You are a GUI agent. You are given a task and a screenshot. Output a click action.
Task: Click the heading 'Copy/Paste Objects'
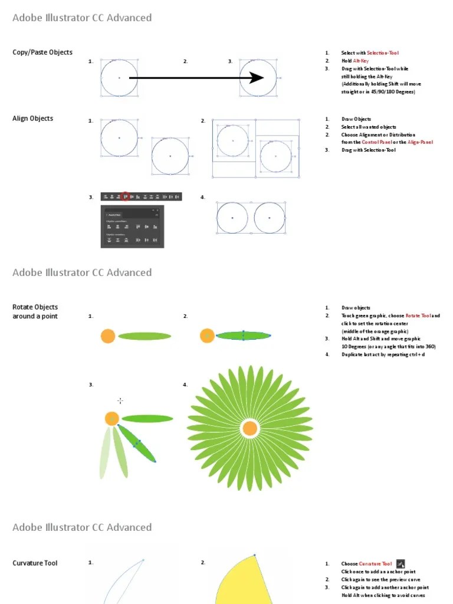[42, 52]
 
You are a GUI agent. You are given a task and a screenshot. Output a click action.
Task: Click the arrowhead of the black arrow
[257, 78]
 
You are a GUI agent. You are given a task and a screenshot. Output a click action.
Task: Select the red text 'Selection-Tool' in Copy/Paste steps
[383, 53]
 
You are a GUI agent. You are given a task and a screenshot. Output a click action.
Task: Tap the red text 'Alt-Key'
[361, 61]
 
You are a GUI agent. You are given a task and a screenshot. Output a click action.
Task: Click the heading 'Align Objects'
[32, 119]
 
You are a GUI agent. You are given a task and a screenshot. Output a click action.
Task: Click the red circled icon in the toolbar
[125, 196]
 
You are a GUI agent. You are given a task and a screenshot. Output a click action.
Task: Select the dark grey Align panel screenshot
[132, 226]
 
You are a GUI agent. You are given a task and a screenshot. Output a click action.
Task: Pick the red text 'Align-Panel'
[420, 142]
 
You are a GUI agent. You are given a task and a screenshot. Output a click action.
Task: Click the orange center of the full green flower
[250, 428]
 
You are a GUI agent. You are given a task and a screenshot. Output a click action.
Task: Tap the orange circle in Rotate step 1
[107, 336]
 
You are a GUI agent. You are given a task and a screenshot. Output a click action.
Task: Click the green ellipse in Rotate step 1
[145, 336]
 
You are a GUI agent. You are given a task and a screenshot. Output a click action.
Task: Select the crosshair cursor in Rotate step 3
[120, 401]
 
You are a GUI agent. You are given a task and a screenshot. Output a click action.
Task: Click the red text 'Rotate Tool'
[418, 316]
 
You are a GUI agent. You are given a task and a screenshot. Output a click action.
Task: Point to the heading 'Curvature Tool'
[35, 563]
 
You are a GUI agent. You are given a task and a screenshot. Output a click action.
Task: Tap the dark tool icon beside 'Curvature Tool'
[401, 564]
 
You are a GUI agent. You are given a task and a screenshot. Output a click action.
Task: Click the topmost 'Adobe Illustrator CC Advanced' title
[82, 18]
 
